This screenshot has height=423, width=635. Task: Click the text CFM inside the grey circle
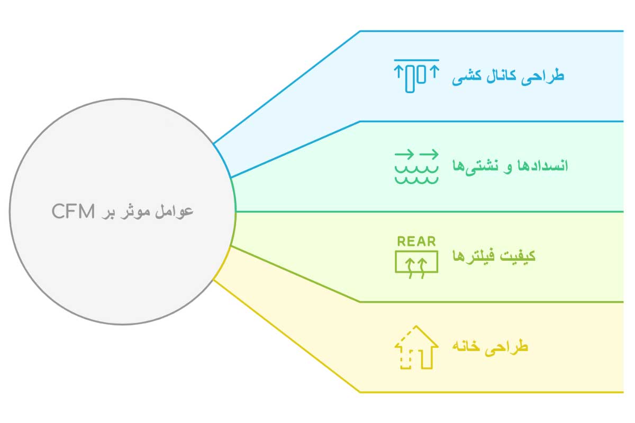tap(72, 212)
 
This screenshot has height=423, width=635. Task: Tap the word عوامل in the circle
tap(177, 211)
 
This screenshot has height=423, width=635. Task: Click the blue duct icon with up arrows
tap(416, 76)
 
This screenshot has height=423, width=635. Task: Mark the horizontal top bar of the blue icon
tap(416, 60)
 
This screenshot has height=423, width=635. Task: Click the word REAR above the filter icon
tap(416, 242)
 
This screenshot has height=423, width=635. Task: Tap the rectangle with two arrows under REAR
tap(416, 262)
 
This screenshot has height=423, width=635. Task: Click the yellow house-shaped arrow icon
tap(416, 347)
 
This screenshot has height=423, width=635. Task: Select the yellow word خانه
tap(466, 347)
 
